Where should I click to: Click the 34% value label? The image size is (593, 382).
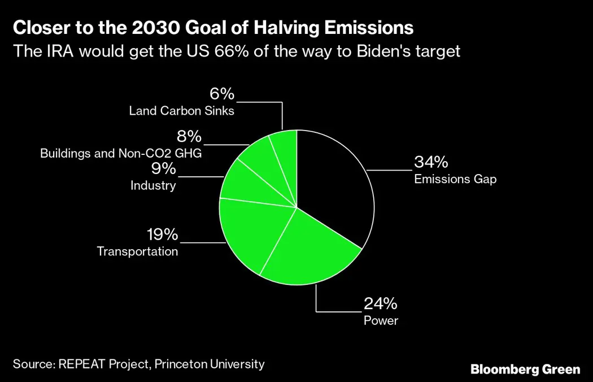431,162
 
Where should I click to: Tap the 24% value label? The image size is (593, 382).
381,304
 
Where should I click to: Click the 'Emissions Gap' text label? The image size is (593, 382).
455,179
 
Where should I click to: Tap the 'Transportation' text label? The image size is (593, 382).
138,251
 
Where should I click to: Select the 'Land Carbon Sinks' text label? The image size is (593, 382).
181,111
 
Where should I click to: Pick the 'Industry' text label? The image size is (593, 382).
153,185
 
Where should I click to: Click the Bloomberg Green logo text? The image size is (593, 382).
525,370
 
